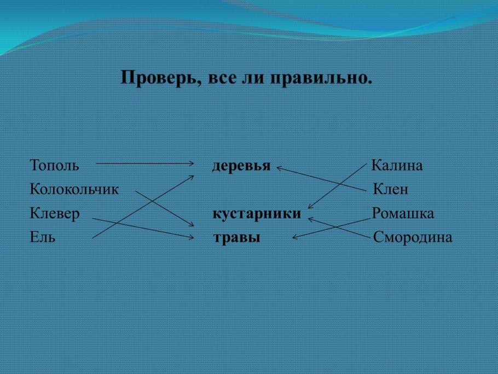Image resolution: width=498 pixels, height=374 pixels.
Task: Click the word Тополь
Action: (55, 165)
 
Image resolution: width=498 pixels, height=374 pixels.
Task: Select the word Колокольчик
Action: (74, 189)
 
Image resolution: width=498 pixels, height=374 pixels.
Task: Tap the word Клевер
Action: (55, 214)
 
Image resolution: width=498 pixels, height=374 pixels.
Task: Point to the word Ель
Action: (43, 238)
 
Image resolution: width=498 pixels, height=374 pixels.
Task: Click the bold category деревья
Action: (241, 166)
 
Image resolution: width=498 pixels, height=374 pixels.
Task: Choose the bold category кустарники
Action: (257, 214)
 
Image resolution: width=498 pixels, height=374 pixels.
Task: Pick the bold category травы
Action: (236, 238)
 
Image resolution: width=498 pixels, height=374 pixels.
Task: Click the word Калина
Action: (397, 165)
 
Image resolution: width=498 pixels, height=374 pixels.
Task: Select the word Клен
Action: (390, 189)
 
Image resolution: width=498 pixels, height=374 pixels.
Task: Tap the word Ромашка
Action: (403, 214)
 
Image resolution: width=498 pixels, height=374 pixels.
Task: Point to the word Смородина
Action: (413, 238)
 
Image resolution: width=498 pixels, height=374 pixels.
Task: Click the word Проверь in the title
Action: (160, 78)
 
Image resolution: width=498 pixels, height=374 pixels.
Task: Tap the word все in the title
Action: (219, 78)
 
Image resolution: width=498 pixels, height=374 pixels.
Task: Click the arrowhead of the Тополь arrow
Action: (193, 163)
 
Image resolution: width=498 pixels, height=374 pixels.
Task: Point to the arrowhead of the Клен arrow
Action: (279, 168)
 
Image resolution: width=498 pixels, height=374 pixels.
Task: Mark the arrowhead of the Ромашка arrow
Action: (294, 238)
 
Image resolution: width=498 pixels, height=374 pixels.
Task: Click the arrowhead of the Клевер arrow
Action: (193, 238)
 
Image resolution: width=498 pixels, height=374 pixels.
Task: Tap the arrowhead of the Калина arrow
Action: (309, 207)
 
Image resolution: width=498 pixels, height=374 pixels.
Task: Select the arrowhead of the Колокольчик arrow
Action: (193, 225)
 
